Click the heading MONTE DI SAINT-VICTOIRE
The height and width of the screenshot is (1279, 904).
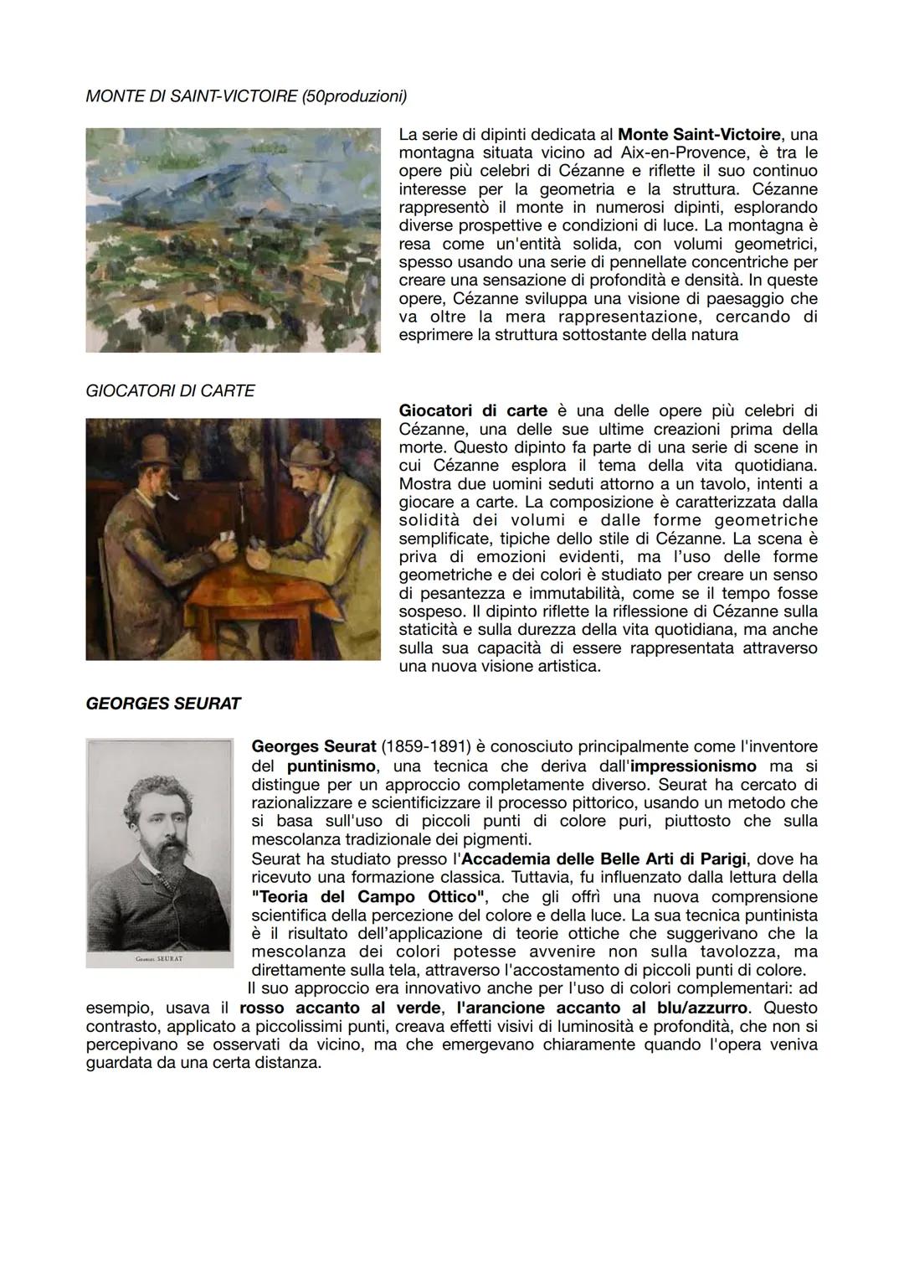[188, 96]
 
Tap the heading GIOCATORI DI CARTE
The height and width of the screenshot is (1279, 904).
[170, 391]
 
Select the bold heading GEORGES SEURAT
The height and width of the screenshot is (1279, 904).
[163, 704]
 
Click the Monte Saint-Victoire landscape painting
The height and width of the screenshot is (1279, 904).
[233, 240]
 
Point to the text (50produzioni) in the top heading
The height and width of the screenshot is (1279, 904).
[355, 96]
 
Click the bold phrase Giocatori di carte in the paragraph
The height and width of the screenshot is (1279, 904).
[473, 410]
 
